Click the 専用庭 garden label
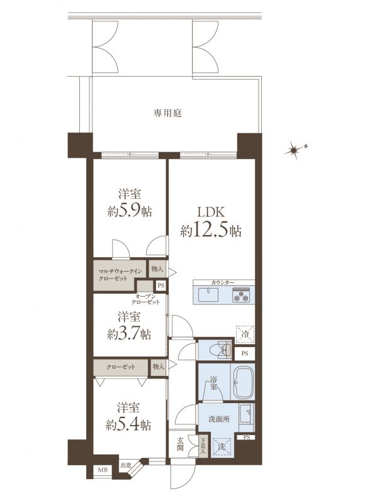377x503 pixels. (x=167, y=113)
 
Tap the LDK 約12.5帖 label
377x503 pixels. (x=211, y=222)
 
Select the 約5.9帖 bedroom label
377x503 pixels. (x=130, y=203)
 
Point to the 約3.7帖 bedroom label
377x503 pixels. (x=129, y=326)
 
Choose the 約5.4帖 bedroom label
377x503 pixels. (x=128, y=417)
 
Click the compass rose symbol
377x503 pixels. (x=293, y=150)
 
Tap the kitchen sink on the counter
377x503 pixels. (x=208, y=295)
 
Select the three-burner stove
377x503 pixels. (x=241, y=295)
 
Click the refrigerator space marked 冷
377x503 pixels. (x=245, y=334)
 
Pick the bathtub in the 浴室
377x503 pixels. (x=243, y=382)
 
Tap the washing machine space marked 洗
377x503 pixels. (x=222, y=446)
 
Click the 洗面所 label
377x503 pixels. (x=219, y=419)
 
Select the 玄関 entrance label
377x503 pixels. (x=180, y=444)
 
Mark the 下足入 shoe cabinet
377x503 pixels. (x=203, y=446)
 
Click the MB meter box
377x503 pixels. (x=103, y=470)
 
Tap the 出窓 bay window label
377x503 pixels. (x=125, y=465)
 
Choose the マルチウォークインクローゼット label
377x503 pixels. (x=120, y=275)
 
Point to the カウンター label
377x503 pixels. (x=223, y=282)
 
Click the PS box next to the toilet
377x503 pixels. (x=245, y=354)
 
